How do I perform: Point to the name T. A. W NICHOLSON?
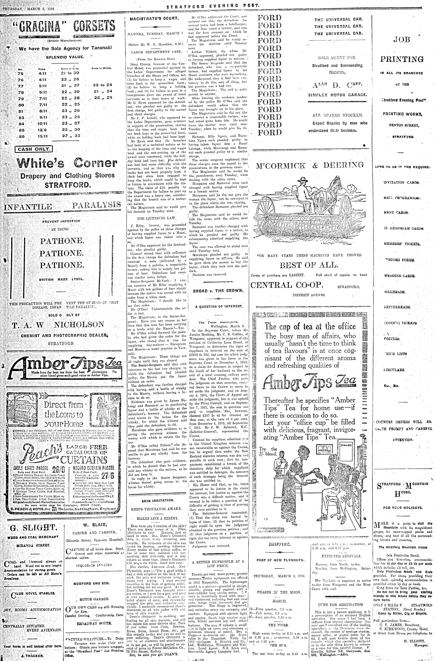58,325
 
